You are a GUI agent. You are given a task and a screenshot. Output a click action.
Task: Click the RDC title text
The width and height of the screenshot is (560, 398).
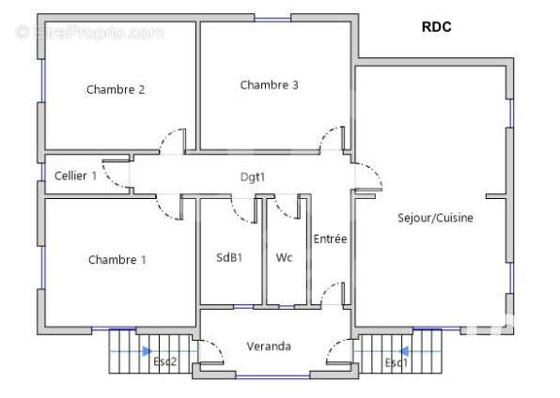pyautogui.click(x=436, y=27)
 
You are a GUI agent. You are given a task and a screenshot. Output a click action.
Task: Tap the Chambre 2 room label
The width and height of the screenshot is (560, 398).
pyautogui.click(x=116, y=89)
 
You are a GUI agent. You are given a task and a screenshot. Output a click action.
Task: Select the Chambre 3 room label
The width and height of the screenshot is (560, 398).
pyautogui.click(x=269, y=85)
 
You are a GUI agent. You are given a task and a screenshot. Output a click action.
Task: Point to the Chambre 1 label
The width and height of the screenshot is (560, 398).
pyautogui.click(x=117, y=259)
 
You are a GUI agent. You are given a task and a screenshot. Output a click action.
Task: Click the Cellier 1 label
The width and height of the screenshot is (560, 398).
pyautogui.click(x=75, y=176)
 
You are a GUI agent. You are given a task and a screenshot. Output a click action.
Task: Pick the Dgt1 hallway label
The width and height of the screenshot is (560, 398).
pyautogui.click(x=253, y=177)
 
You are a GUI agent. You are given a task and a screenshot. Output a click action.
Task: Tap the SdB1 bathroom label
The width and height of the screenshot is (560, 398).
pyautogui.click(x=229, y=257)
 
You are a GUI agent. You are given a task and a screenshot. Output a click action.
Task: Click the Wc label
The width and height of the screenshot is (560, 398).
pyautogui.click(x=285, y=257)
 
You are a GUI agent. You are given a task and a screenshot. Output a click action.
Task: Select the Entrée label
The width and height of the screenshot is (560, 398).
pyautogui.click(x=330, y=238)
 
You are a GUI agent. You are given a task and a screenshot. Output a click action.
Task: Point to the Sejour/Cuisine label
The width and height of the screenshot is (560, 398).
pyautogui.click(x=435, y=218)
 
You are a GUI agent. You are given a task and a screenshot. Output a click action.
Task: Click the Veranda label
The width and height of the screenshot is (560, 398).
pyautogui.click(x=269, y=346)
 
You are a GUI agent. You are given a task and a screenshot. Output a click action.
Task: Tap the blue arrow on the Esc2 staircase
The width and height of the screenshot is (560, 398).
pyautogui.click(x=148, y=352)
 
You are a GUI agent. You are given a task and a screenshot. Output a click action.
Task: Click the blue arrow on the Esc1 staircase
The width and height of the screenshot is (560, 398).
pyautogui.click(x=404, y=352)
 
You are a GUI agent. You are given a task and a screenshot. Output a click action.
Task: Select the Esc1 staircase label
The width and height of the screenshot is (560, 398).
pyautogui.click(x=397, y=363)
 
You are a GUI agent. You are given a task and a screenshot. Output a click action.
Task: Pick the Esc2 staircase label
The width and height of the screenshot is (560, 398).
pyautogui.click(x=165, y=361)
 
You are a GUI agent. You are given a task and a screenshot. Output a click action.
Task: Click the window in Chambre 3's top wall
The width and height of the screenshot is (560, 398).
pyautogui.click(x=272, y=18)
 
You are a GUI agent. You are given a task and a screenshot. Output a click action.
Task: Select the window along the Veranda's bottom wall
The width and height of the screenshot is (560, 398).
pyautogui.click(x=272, y=376)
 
